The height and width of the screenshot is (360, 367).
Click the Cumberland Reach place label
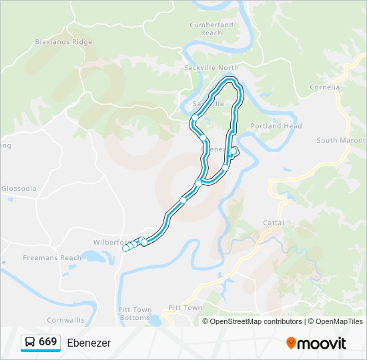click(x=211, y=29)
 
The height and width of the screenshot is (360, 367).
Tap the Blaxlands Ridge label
click(x=63, y=41)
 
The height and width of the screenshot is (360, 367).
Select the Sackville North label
click(x=211, y=68)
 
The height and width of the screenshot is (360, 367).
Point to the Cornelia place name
click(x=325, y=87)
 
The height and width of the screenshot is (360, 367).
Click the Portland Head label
click(x=276, y=126)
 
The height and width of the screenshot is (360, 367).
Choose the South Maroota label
click(x=341, y=140)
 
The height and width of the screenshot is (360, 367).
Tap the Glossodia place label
click(x=19, y=189)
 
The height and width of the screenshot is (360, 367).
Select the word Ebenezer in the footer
click(x=89, y=343)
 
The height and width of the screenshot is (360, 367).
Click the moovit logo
click(x=316, y=343)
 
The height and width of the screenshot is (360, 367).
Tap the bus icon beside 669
click(x=30, y=343)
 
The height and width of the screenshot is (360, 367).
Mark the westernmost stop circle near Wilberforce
click(x=125, y=249)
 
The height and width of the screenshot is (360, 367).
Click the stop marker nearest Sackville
click(x=195, y=118)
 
